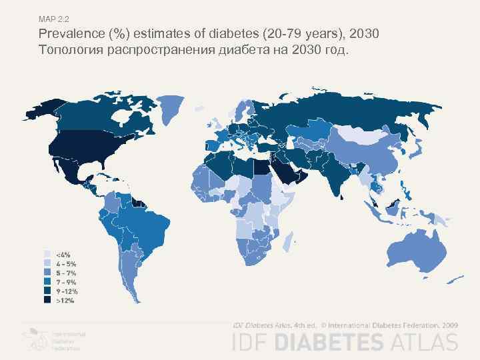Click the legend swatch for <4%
point(47,254)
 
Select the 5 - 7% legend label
point(65,273)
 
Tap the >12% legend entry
point(65,301)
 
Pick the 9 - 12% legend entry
point(67,291)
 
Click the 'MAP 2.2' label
point(54,19)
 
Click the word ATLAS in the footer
point(425,343)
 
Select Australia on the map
point(413,250)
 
